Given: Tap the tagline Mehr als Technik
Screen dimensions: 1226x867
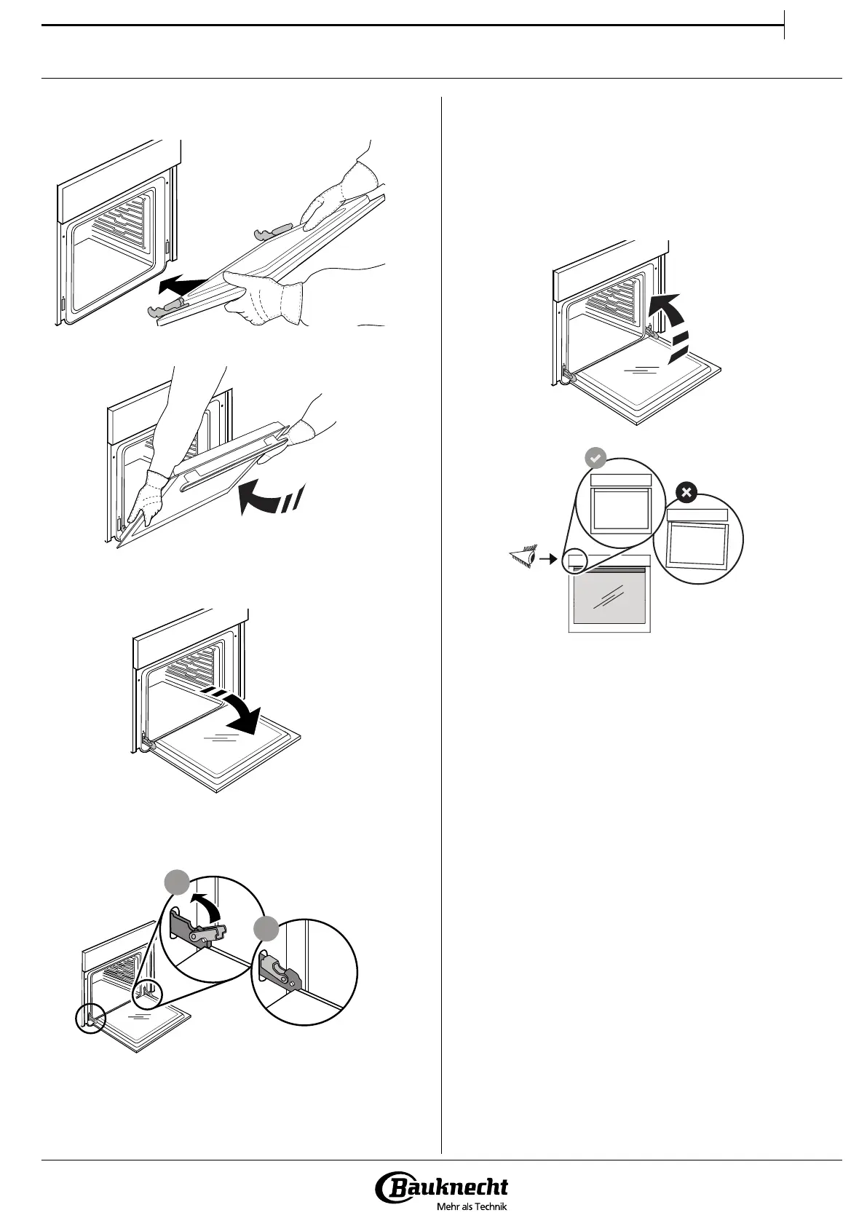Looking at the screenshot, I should pyautogui.click(x=470, y=1206).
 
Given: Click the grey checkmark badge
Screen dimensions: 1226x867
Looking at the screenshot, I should pyautogui.click(x=595, y=459).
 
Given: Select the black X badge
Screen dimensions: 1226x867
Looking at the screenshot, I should pyautogui.click(x=685, y=493).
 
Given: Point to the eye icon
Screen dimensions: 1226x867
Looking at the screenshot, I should pyautogui.click(x=523, y=559).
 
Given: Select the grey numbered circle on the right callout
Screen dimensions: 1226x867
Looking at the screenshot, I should pyautogui.click(x=266, y=930).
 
